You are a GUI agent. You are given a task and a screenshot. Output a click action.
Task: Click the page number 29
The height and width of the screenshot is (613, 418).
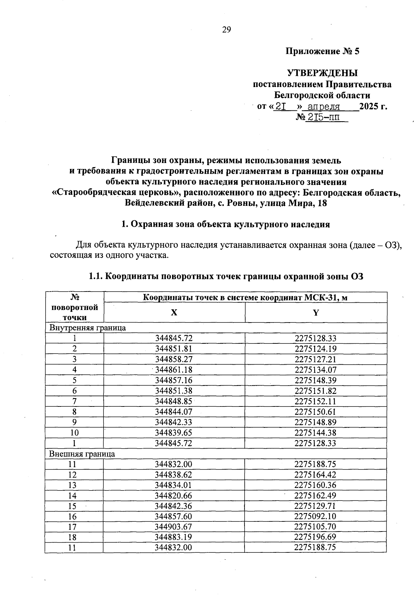click(x=226, y=30)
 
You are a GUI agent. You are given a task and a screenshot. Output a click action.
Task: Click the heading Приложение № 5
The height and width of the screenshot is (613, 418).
click(x=322, y=52)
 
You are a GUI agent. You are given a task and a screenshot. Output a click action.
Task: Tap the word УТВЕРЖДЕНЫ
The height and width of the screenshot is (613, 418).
click(x=322, y=73)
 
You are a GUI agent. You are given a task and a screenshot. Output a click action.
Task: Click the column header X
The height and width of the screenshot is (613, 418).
click(x=174, y=312)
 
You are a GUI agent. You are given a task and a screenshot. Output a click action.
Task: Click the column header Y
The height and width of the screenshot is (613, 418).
click(x=316, y=312)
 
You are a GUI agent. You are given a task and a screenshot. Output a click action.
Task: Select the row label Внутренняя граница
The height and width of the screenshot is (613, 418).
click(x=87, y=328)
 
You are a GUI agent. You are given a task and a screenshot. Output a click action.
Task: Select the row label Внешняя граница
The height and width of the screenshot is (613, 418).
click(x=82, y=454)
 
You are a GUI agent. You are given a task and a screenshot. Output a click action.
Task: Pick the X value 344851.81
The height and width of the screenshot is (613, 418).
click(x=174, y=349)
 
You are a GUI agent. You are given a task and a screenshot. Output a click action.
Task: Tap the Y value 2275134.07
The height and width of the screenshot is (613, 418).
click(x=315, y=370)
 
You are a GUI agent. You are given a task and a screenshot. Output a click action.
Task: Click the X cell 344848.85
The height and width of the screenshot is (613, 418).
click(x=174, y=401)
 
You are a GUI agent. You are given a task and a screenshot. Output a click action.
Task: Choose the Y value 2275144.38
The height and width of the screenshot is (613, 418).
click(x=315, y=433)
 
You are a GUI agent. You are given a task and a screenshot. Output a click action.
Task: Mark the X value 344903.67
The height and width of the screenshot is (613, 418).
click(x=173, y=527)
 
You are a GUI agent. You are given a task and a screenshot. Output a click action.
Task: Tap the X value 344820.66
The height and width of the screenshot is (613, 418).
click(x=173, y=496)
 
